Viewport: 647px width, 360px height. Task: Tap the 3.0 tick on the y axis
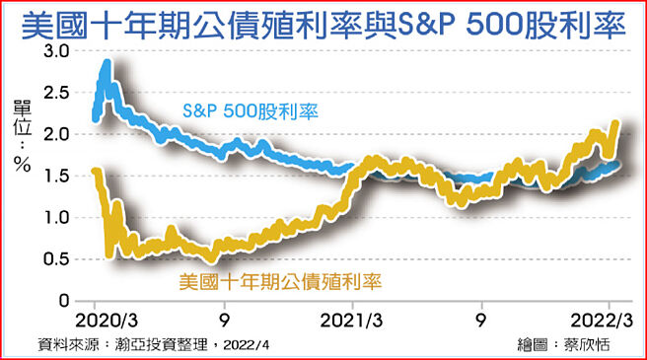coord(58,50)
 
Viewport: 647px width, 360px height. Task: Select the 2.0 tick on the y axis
coord(58,133)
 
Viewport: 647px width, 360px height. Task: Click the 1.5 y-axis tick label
coord(58,176)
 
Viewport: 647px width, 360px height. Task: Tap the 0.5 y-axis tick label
coord(58,258)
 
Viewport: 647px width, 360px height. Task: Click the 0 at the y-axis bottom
coord(66,300)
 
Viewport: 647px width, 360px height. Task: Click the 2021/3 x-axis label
coord(353,321)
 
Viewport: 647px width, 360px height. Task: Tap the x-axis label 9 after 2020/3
coord(225,321)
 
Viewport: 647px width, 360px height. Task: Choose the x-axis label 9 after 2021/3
coord(480,321)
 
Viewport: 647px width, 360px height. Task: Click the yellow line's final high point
coord(615,123)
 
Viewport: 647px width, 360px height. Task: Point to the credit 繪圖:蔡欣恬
coord(561,345)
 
